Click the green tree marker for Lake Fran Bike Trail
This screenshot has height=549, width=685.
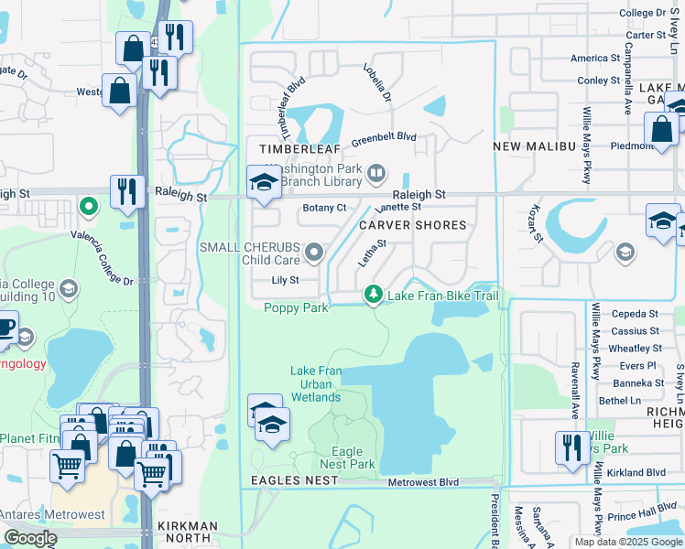373,295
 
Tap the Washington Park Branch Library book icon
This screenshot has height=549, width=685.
375,173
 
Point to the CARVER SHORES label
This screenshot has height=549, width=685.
412,225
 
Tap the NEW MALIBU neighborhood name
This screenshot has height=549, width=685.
534,147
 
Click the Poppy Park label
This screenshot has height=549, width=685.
297,307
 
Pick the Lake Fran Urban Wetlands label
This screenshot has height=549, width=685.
316,383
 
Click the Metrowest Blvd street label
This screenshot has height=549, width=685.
423,482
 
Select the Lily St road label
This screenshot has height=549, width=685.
285,281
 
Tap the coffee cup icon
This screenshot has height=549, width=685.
5,328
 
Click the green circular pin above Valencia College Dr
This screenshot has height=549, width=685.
88,206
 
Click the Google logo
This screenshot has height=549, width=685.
30,539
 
